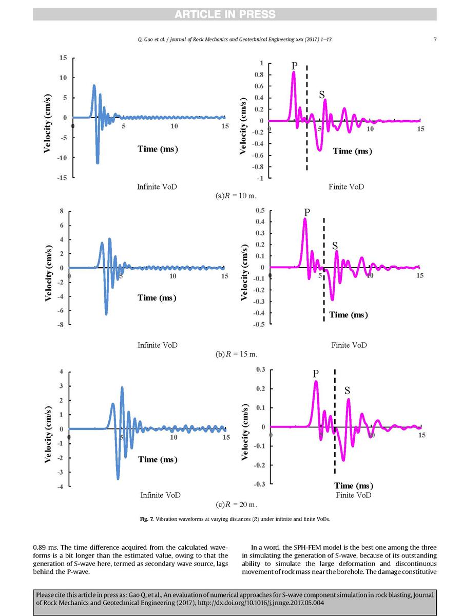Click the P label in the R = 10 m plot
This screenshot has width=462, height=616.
tap(294, 66)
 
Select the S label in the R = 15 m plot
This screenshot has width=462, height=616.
tap(335, 246)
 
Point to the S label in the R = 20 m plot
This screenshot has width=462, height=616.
tap(347, 391)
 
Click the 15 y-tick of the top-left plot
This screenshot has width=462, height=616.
tap(63, 58)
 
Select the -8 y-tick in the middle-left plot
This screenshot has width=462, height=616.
tap(60, 325)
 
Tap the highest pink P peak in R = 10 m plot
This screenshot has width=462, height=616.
tap(294, 72)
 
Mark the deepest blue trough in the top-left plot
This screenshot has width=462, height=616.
tap(98, 162)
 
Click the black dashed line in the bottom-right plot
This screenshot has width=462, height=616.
tap(335, 421)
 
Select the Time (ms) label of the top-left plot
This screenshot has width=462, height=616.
tap(158, 149)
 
